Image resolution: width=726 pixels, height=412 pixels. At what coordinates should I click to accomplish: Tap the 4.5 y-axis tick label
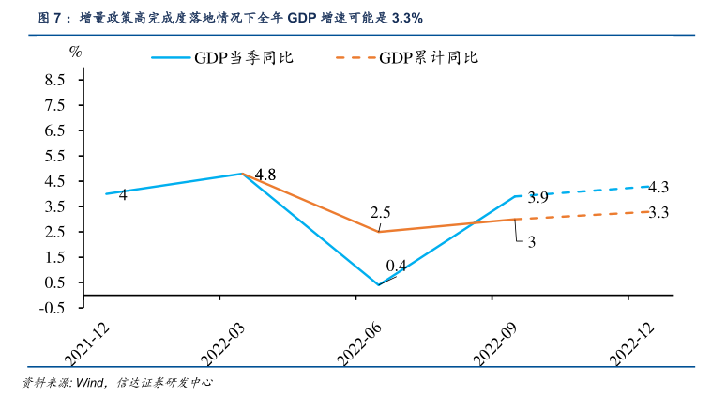pos(54,181)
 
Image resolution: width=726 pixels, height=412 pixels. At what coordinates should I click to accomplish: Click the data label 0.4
pos(397,265)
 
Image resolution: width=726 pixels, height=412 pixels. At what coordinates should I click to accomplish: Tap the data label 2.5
pos(381,212)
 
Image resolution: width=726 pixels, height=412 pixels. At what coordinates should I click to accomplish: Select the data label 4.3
pos(658,186)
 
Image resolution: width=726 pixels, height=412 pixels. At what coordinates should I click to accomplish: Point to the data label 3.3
pos(658,213)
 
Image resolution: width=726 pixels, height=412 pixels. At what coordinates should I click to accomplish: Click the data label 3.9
pos(537,197)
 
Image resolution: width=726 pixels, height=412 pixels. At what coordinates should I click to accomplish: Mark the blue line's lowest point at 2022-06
pos(379,285)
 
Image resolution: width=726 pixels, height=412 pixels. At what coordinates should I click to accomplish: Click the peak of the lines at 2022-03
pos(242,174)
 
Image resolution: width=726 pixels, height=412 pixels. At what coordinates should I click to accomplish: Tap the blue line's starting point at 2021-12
pos(106,194)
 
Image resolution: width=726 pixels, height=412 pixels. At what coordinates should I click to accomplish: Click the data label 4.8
pos(265,175)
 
